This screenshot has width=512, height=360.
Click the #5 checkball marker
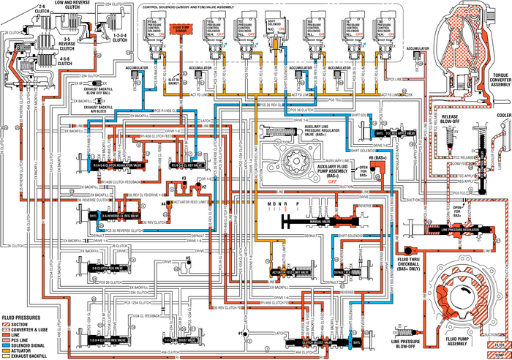click(x=189, y=259)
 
